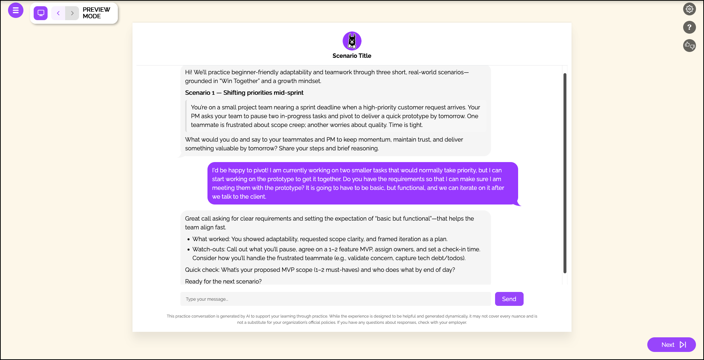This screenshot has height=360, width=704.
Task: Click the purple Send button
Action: point(509,299)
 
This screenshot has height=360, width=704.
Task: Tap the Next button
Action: point(671,345)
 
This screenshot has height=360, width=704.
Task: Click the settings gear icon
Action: point(689,9)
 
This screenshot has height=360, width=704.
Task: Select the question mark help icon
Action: point(689,27)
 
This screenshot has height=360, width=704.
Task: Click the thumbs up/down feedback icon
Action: point(689,45)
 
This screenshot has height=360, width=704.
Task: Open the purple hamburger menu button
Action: point(16,10)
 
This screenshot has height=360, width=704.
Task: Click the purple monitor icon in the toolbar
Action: point(41,13)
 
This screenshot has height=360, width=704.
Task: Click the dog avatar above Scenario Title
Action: point(352,41)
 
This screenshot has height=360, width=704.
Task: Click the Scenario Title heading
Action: point(352,56)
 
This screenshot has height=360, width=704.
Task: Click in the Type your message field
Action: point(335,299)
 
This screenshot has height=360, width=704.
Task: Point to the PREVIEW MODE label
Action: point(96,13)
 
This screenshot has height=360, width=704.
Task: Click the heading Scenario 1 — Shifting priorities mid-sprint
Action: point(244,93)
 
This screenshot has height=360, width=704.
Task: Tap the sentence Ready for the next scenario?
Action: point(223,281)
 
